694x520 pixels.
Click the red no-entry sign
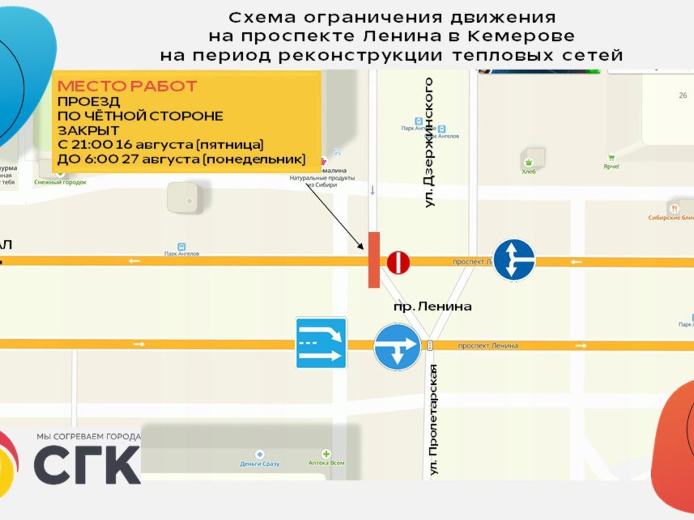point(398,263)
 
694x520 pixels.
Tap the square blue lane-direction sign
point(322,343)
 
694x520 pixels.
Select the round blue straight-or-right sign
point(514,260)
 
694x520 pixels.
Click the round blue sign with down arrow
point(397,347)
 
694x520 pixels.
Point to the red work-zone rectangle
point(374,259)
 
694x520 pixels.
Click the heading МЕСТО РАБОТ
point(127,87)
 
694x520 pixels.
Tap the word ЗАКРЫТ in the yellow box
point(88,130)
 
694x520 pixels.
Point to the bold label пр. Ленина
point(432,306)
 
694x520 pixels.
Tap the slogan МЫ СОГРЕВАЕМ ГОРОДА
point(88,436)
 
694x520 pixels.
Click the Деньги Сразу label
point(260,463)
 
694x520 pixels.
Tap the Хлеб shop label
point(529,171)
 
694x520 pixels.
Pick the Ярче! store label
point(611,166)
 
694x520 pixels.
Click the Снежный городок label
point(60,182)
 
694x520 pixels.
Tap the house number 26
point(683,95)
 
